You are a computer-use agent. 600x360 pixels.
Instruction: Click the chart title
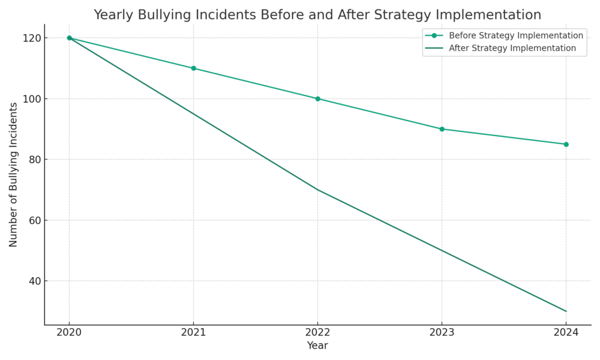click(317, 15)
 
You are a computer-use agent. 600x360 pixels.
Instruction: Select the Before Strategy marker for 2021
click(193, 68)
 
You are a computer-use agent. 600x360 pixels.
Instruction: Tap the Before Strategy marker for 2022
click(318, 99)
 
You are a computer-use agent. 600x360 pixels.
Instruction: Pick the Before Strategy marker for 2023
click(442, 129)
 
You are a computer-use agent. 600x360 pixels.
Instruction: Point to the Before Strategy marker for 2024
click(566, 144)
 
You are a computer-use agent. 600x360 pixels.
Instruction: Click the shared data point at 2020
click(69, 38)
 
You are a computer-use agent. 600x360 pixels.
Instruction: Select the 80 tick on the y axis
click(35, 159)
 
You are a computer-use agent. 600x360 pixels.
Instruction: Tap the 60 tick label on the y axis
click(35, 220)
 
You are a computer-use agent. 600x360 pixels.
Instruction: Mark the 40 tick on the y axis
click(35, 281)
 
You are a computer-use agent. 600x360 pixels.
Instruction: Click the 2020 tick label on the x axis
click(69, 332)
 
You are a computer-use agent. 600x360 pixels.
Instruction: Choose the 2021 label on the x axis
click(193, 332)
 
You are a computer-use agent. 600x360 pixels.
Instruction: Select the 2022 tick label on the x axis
click(318, 332)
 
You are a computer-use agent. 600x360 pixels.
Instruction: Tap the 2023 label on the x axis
click(442, 332)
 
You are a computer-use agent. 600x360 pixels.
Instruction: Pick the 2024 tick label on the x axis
click(566, 332)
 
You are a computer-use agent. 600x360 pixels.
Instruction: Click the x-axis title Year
click(318, 346)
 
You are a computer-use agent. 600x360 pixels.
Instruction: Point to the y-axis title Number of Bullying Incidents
click(13, 174)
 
